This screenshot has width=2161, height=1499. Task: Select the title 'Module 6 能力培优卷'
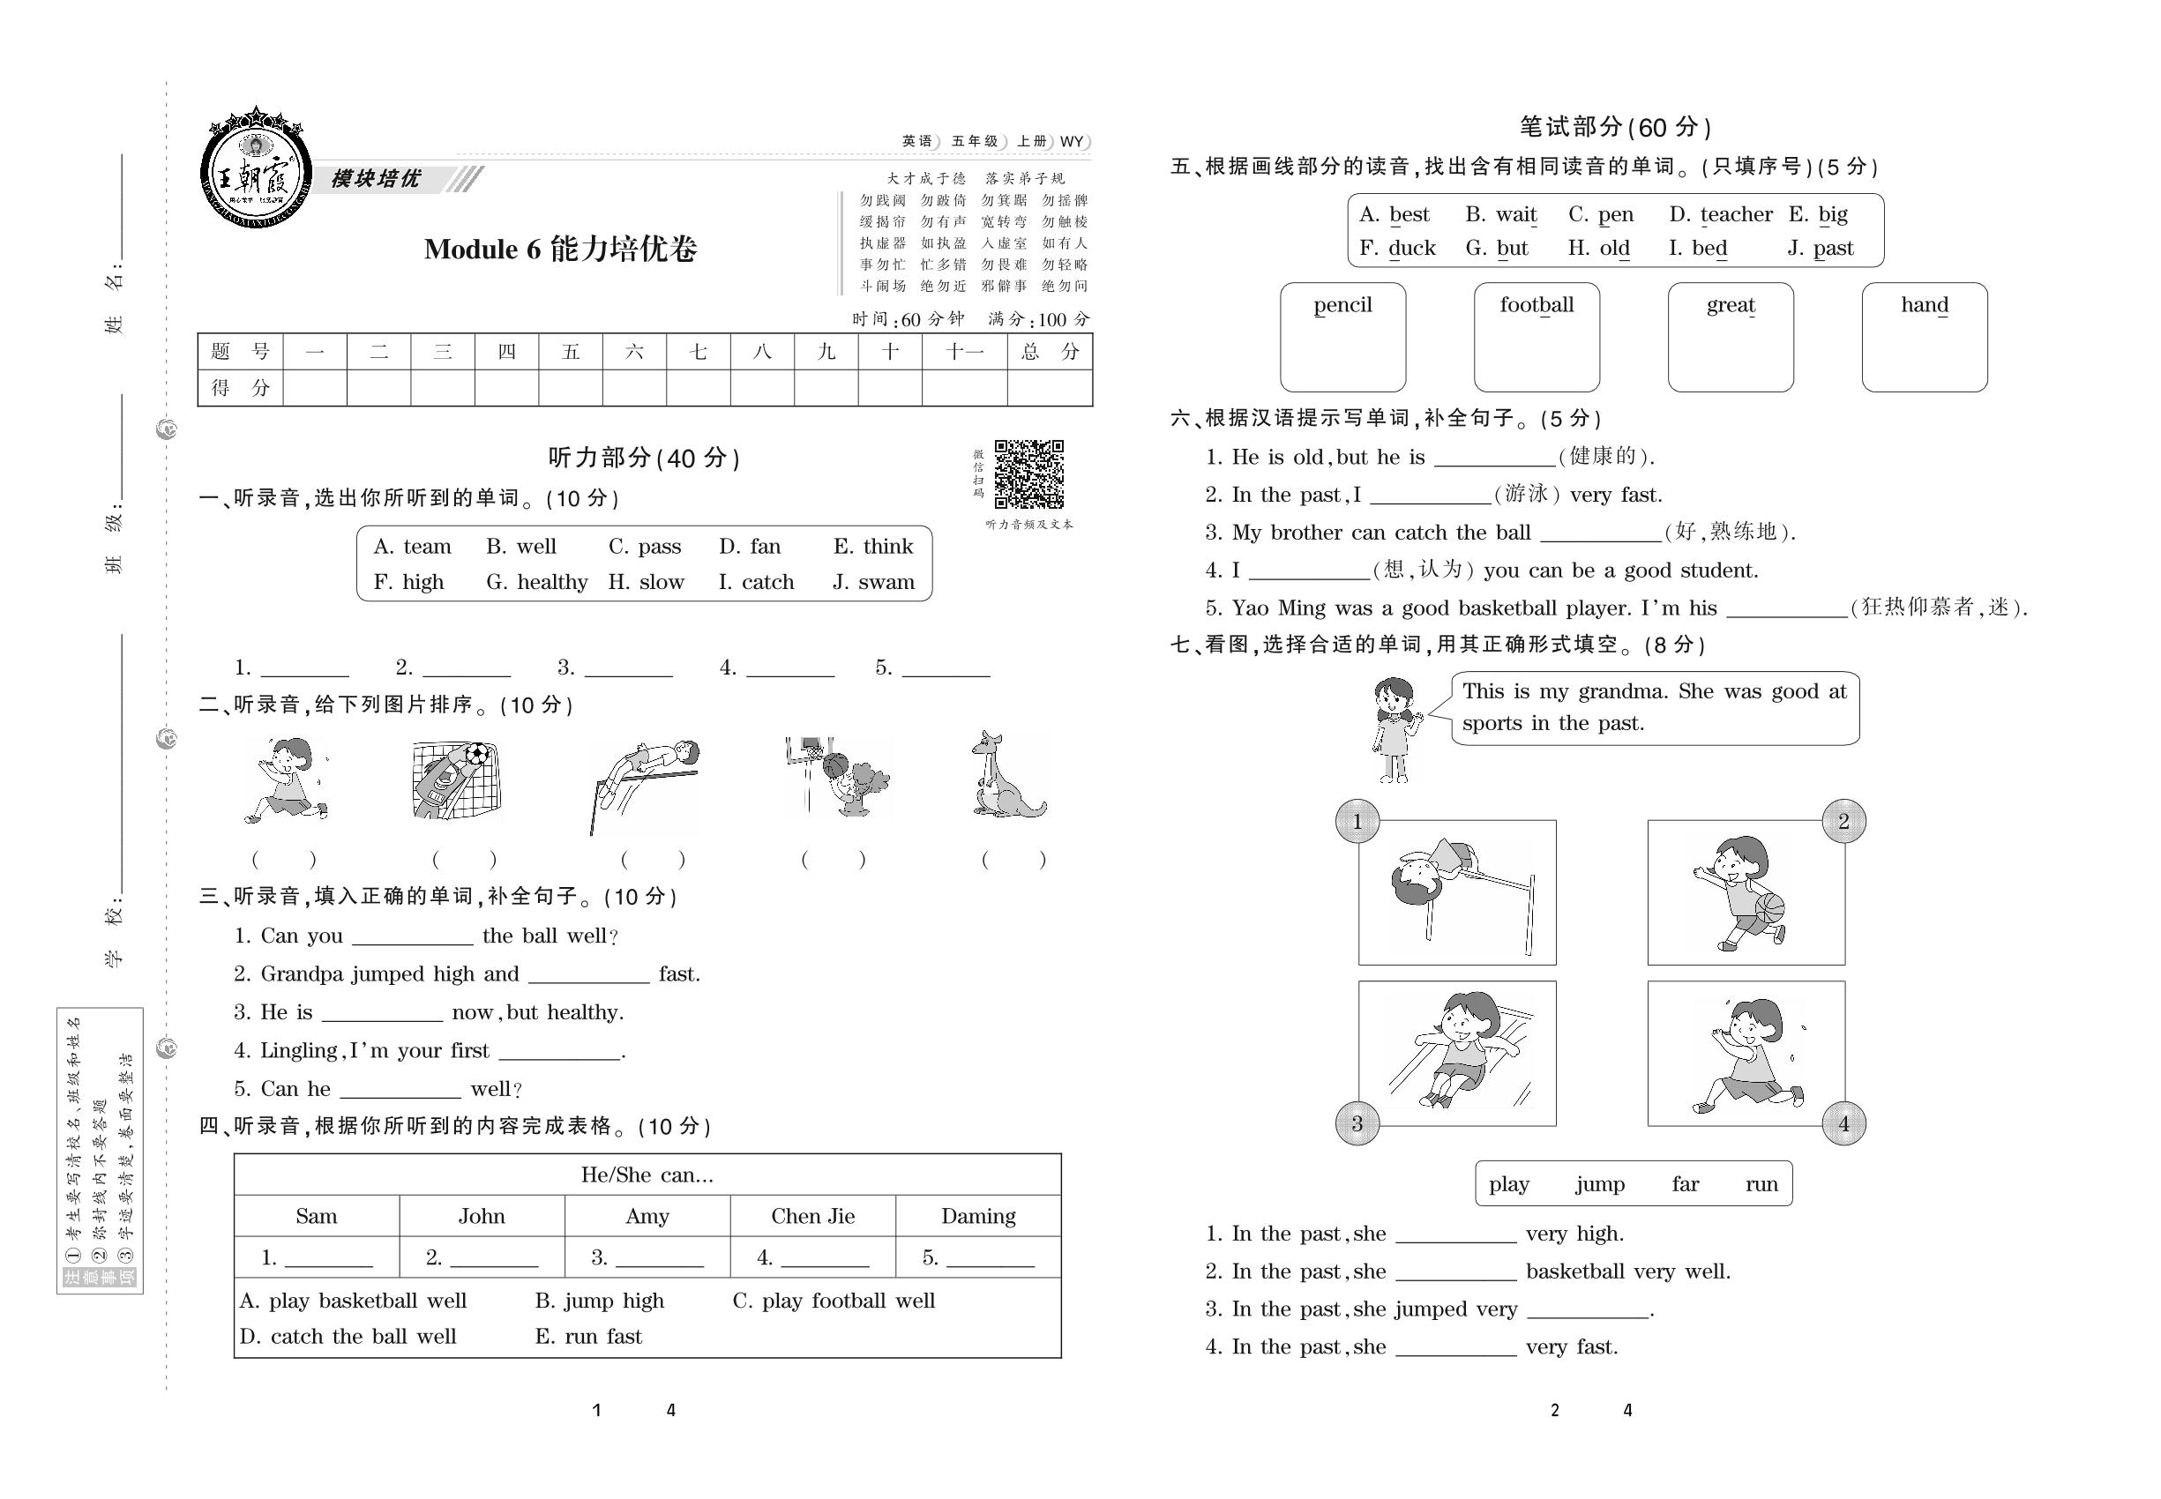(x=560, y=249)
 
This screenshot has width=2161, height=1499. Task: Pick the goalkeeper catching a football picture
(x=457, y=779)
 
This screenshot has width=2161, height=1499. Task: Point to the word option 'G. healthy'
(x=536, y=582)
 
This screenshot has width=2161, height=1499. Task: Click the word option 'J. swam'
(x=873, y=582)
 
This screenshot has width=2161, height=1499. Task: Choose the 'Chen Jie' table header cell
(x=812, y=1216)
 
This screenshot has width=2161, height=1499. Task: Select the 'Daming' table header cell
(x=978, y=1216)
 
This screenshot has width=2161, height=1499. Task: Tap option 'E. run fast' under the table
(x=589, y=1337)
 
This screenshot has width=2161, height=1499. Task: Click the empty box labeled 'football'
(x=1537, y=337)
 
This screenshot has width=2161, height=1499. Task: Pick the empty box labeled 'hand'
(x=1925, y=337)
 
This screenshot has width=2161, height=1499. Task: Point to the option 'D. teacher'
(x=1720, y=215)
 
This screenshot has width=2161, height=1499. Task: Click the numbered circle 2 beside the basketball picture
(x=1843, y=822)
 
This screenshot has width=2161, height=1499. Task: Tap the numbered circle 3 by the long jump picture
(x=1357, y=1123)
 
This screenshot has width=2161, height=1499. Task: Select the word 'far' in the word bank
(x=1685, y=1184)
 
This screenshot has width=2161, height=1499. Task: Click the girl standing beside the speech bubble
(x=1394, y=731)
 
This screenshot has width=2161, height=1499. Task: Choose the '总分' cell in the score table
(x=1050, y=352)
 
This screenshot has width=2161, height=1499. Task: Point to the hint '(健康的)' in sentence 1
(x=1604, y=457)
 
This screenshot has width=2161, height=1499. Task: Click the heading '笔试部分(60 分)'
(x=1615, y=127)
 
